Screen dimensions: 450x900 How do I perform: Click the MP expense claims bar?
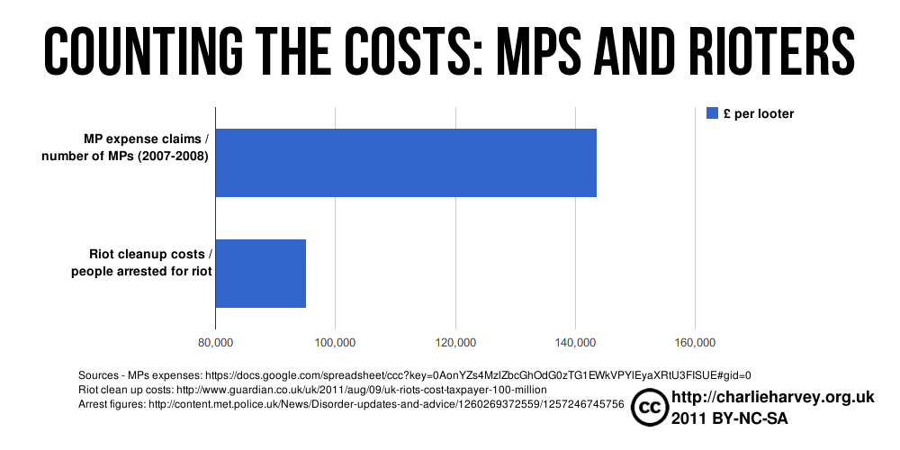coord(405,163)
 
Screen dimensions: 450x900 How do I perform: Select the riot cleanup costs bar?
coord(261,274)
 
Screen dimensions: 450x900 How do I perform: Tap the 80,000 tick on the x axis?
coord(215,342)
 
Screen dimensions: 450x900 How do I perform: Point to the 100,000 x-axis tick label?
coord(335,342)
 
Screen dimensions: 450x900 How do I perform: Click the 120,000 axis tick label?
coord(455,342)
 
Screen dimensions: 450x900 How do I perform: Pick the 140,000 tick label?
coord(575,342)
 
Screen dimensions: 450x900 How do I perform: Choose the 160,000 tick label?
coord(695,342)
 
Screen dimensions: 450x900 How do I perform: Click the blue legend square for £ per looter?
coord(712,113)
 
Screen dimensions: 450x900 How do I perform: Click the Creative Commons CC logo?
coord(649,408)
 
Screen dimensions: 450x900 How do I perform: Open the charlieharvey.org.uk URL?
coord(773,397)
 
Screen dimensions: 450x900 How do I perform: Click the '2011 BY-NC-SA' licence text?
coord(729,418)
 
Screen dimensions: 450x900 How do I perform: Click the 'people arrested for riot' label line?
coord(141,271)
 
